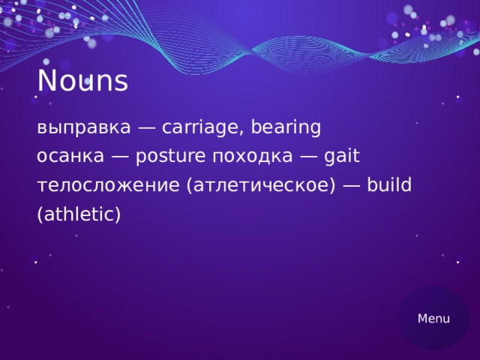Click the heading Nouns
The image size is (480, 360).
(x=82, y=82)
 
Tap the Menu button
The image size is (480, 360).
(x=433, y=319)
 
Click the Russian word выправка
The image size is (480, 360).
(x=83, y=128)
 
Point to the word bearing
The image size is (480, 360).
(x=286, y=128)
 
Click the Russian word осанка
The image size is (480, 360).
(x=70, y=157)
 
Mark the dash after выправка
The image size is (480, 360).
(x=146, y=128)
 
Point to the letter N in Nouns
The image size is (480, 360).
(x=46, y=82)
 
